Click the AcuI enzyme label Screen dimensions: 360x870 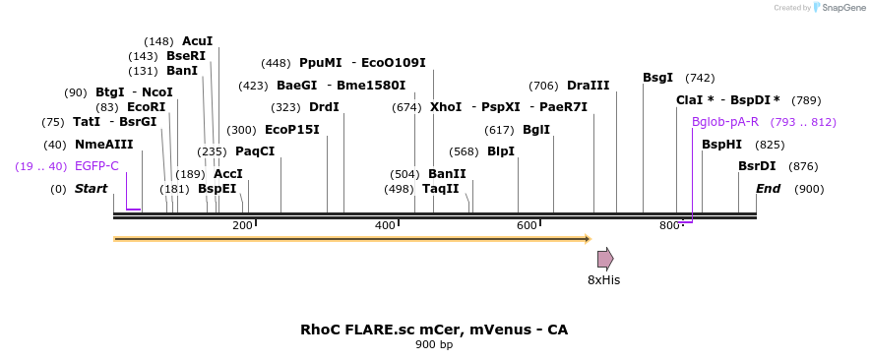tap(197, 41)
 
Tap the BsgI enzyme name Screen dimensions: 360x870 tap(657, 78)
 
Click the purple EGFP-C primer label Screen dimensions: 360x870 tap(96, 166)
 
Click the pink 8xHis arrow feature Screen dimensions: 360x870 tap(605, 259)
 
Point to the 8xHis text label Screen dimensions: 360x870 tap(603, 280)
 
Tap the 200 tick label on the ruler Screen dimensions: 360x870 tap(242, 226)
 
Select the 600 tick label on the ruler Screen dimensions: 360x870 tap(527, 226)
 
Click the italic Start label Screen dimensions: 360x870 tap(91, 189)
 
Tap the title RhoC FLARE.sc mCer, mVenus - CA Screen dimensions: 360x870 tap(434, 330)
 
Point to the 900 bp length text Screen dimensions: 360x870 tap(434, 345)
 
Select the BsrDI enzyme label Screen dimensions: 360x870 tap(757, 166)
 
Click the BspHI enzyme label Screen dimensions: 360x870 tap(721, 145)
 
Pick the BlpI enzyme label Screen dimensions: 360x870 tap(501, 151)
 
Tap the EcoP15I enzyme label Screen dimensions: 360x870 tap(292, 130)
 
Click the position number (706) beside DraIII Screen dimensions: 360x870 tap(543, 86)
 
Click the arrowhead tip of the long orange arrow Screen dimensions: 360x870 tap(589, 239)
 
